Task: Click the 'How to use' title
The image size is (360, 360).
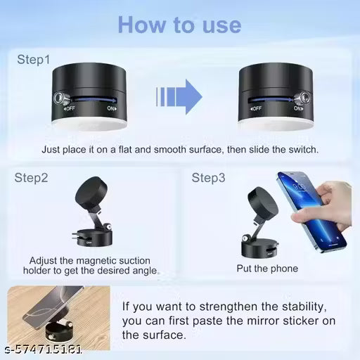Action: (x=179, y=25)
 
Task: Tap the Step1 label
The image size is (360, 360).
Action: (x=33, y=60)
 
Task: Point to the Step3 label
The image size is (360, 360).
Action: (x=208, y=178)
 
